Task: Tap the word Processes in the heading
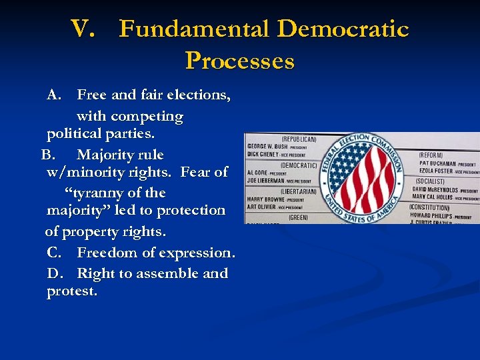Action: pyautogui.click(x=239, y=62)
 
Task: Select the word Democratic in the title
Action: pyautogui.click(x=343, y=30)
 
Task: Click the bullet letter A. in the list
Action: pyautogui.click(x=55, y=95)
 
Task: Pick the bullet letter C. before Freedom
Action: pyautogui.click(x=55, y=253)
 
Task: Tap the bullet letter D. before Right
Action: pyautogui.click(x=56, y=274)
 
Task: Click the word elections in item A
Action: pyautogui.click(x=201, y=95)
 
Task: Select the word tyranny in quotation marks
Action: pyautogui.click(x=97, y=193)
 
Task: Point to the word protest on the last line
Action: pyautogui.click(x=71, y=292)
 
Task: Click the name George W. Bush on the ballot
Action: pyautogui.click(x=267, y=147)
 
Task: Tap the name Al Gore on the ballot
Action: pyautogui.click(x=257, y=173)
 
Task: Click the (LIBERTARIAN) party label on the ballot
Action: pyautogui.click(x=298, y=191)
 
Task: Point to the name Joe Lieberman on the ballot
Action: pyautogui.click(x=265, y=181)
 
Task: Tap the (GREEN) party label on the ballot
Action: pyautogui.click(x=298, y=217)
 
